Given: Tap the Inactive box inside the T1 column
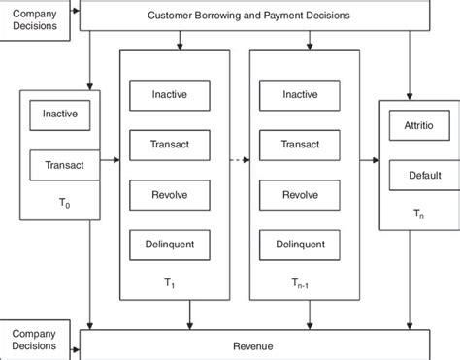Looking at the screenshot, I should (x=169, y=94).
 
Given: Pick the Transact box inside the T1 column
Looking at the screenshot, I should (x=169, y=145).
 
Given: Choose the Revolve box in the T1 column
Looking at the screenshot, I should (x=169, y=194).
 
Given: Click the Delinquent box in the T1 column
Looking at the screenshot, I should (x=169, y=245).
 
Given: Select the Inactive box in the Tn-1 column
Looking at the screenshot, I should (x=299, y=94).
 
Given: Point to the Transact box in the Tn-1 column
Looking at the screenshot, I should (x=299, y=145).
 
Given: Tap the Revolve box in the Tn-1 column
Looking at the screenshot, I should (x=299, y=194).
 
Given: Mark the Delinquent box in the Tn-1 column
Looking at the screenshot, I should (x=299, y=245).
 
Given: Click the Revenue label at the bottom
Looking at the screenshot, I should (x=253, y=345).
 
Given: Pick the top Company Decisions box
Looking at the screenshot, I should (x=36, y=18).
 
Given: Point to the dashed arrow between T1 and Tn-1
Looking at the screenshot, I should (x=234, y=156).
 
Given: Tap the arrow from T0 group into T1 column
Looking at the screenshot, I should (x=108, y=156).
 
